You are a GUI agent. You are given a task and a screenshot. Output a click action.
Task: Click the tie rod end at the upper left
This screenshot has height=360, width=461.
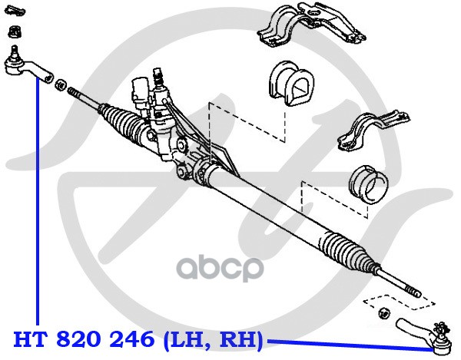pyautogui.click(x=23, y=65)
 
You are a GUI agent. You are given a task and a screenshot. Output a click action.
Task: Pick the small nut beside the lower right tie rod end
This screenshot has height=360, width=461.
pyautogui.click(x=383, y=312)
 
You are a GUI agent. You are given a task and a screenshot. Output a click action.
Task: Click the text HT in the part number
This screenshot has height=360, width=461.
pyautogui.click(x=27, y=339)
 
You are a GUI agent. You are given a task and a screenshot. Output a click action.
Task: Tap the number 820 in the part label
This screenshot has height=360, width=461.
pyautogui.click(x=76, y=339)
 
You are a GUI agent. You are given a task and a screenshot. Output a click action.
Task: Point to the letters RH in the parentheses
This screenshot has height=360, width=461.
pyautogui.click(x=238, y=339)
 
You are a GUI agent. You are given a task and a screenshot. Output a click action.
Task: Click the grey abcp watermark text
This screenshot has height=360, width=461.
pyautogui.click(x=221, y=270)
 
